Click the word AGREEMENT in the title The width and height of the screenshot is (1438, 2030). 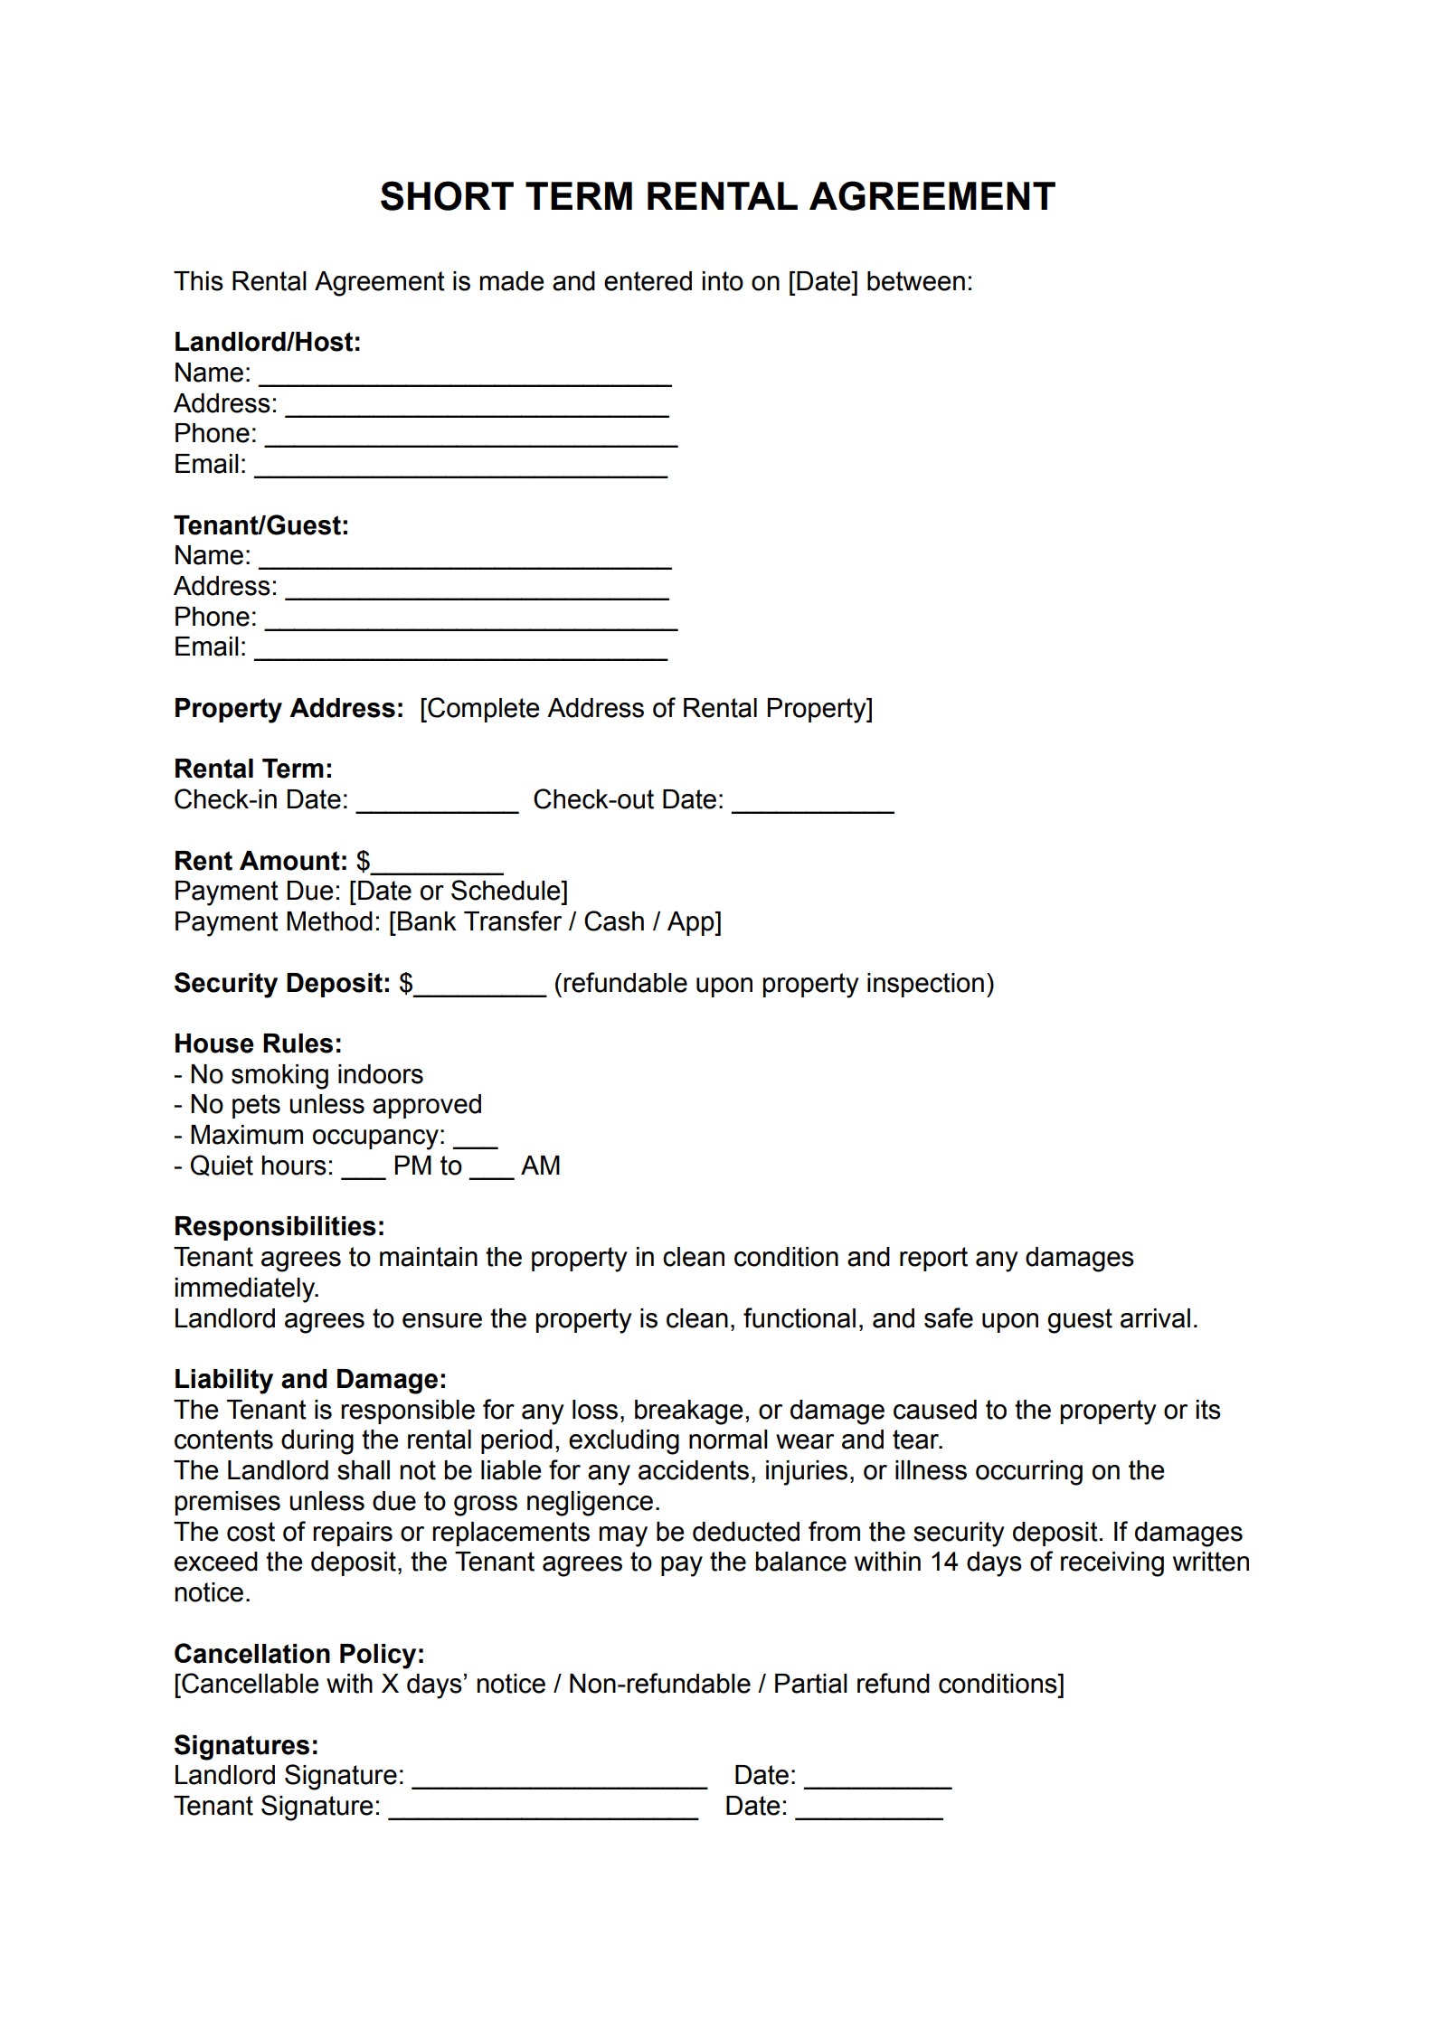[x=932, y=197]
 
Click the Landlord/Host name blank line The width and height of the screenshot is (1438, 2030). [x=465, y=378]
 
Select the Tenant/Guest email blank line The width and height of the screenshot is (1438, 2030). [x=460, y=653]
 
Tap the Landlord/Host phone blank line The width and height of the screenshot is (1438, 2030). [x=470, y=439]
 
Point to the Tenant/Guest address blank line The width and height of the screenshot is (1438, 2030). [x=477, y=592]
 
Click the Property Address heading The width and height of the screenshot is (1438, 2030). [x=289, y=708]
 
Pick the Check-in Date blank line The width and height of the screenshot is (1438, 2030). [x=437, y=806]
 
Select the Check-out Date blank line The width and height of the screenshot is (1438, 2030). [x=812, y=806]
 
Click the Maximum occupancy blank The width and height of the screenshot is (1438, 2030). [x=475, y=1141]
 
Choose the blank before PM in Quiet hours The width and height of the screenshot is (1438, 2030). [x=364, y=1172]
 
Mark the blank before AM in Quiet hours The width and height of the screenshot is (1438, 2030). [x=492, y=1172]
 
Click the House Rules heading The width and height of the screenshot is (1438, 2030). [x=258, y=1043]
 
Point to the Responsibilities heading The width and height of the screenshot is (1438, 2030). [x=279, y=1226]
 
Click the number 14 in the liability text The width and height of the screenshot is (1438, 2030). [x=943, y=1563]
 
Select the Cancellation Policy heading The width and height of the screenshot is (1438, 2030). [x=298, y=1654]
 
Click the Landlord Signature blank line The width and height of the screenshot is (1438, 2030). [x=559, y=1781]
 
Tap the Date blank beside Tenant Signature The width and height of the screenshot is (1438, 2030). [x=869, y=1812]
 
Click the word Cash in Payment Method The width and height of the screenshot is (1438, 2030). [x=613, y=921]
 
